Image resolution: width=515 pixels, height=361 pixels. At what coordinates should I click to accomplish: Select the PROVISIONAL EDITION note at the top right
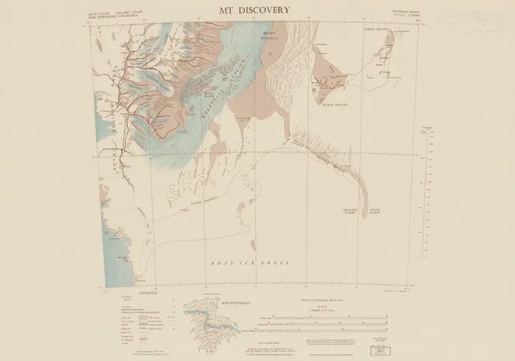(x=403, y=12)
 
